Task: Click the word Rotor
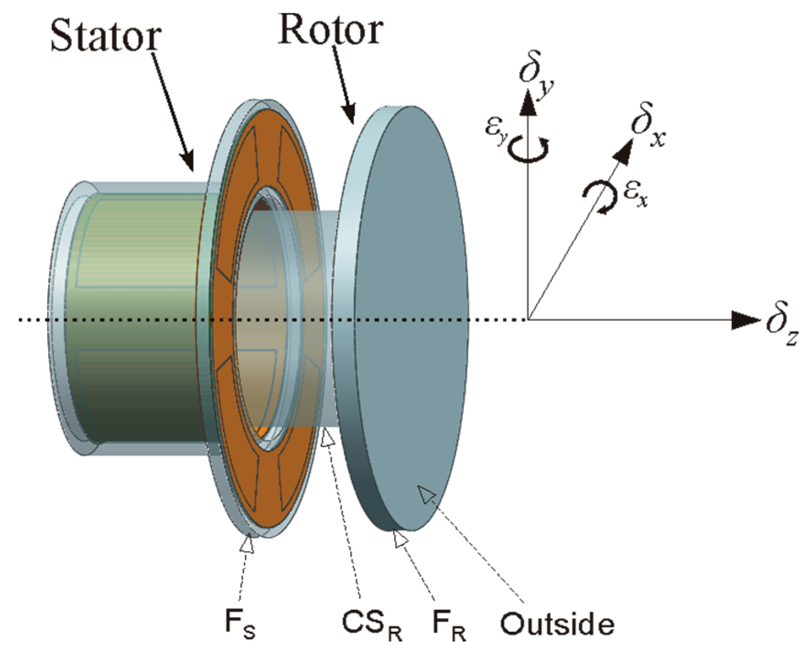[x=330, y=30]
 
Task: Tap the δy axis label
[x=536, y=75]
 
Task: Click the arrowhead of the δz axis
[x=744, y=320]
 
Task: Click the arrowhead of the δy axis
[x=528, y=102]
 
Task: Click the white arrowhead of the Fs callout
[x=247, y=544]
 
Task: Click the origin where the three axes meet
[x=528, y=319]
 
